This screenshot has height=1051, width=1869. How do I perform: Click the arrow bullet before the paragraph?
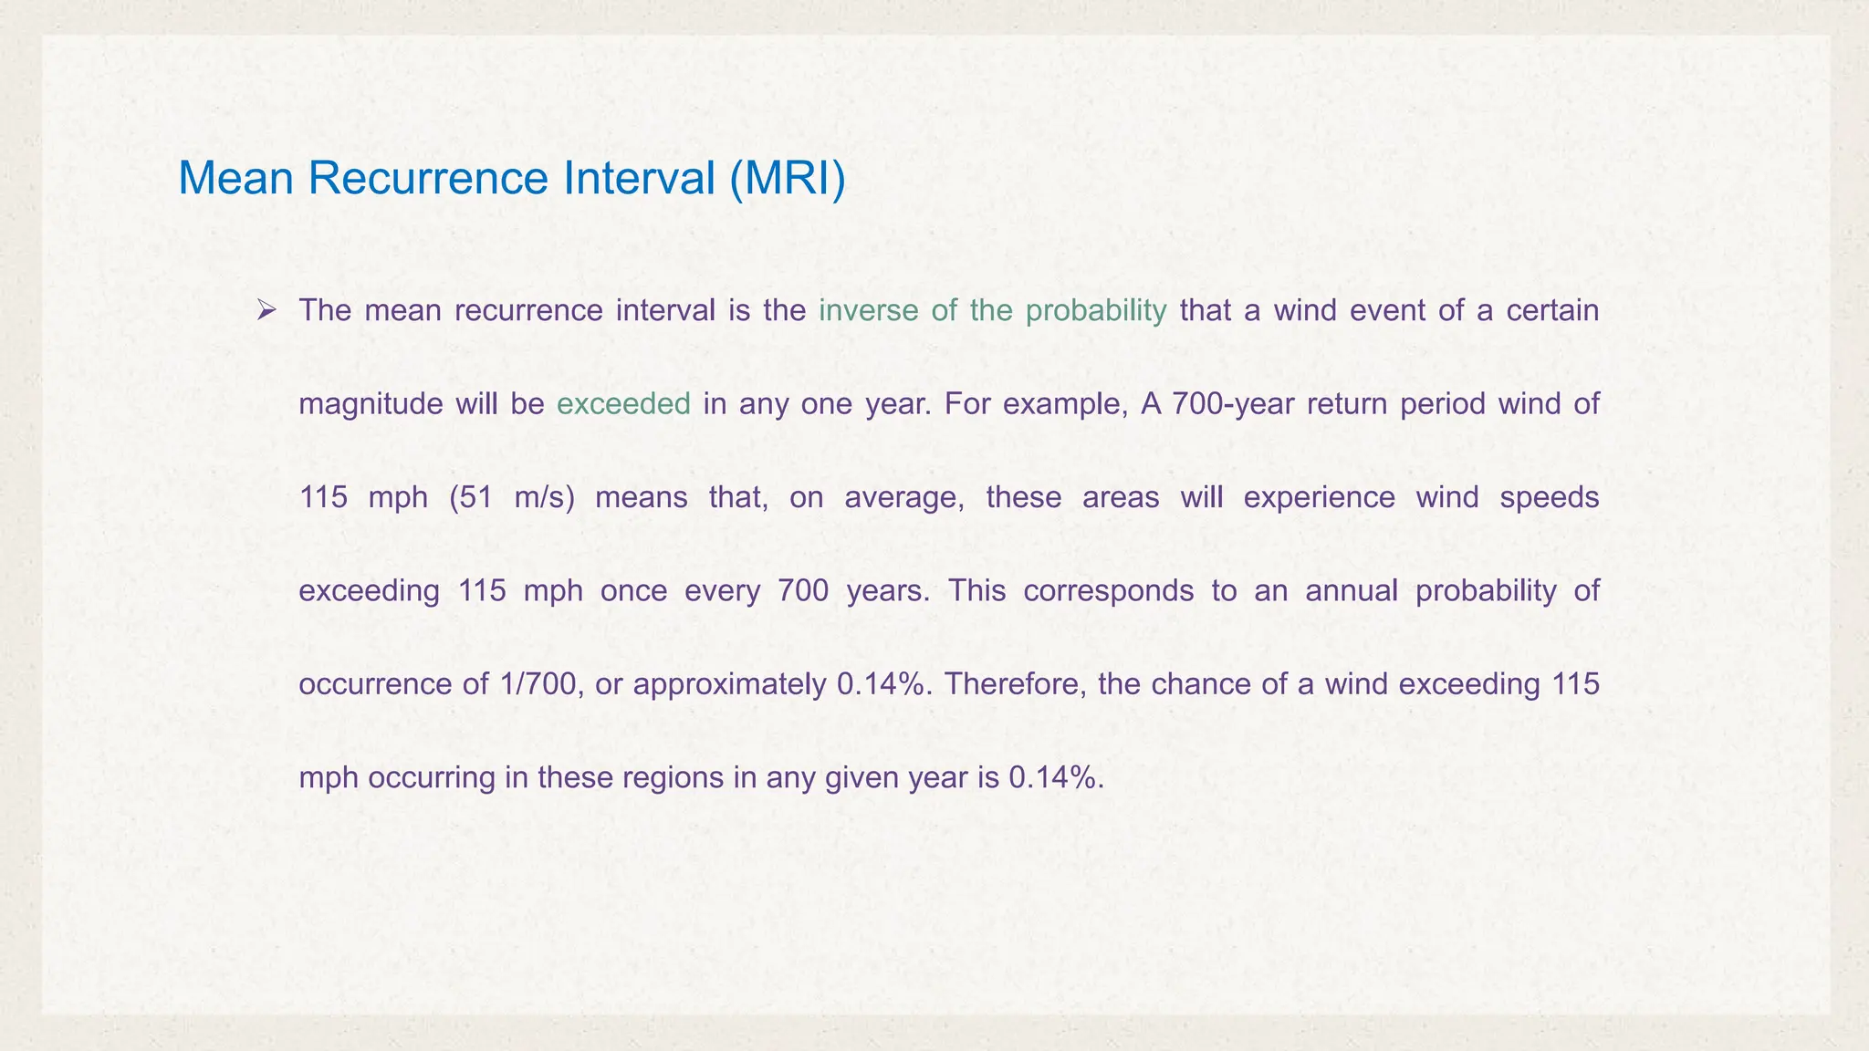coord(266,311)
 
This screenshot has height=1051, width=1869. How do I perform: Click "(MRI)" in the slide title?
coord(788,177)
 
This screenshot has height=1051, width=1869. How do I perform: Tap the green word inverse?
coord(868,311)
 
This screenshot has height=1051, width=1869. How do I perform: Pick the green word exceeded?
coord(623,404)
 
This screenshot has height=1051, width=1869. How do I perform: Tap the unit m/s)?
coord(545,498)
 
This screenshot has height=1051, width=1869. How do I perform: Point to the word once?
coord(633,591)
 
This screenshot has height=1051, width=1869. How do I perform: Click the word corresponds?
coord(1108,591)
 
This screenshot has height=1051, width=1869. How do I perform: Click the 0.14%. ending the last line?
coord(1057,778)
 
